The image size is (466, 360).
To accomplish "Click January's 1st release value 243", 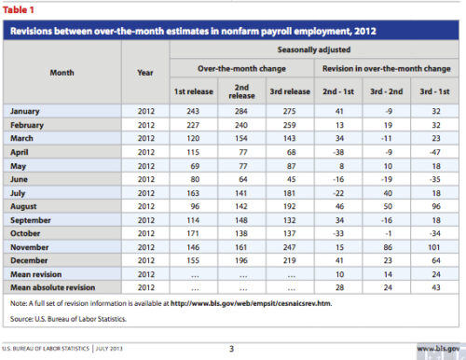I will pos(193,111).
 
